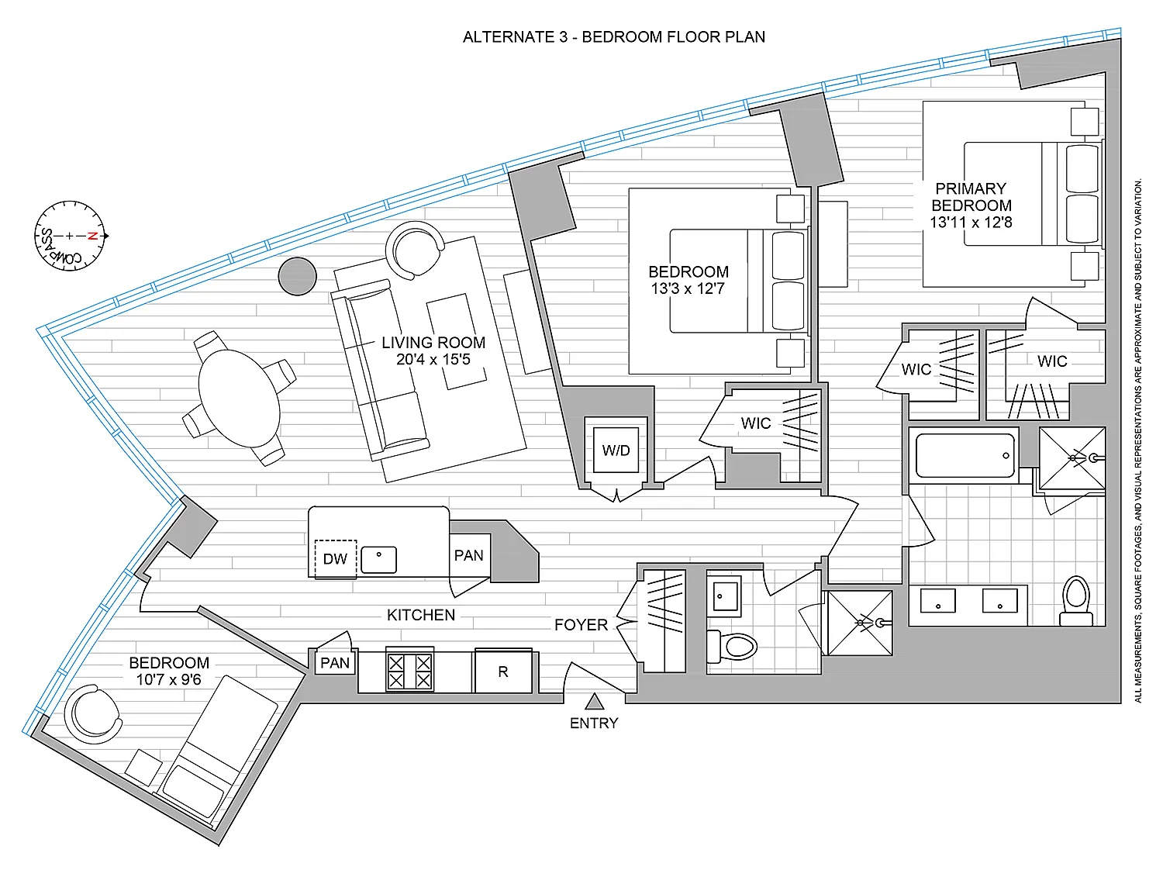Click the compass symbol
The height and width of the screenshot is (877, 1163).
click(x=70, y=236)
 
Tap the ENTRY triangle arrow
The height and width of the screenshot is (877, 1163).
click(x=594, y=702)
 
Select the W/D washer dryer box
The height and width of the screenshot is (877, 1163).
click(x=616, y=450)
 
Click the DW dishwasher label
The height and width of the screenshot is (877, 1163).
click(x=335, y=558)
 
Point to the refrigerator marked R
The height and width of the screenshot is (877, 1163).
click(x=503, y=671)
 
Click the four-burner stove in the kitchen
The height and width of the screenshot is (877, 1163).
click(x=409, y=670)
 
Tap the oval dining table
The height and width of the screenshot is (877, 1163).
click(x=239, y=399)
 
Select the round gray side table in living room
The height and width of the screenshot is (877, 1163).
click(x=297, y=276)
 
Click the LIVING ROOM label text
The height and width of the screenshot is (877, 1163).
click(x=433, y=342)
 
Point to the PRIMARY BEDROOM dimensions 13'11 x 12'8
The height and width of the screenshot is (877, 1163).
click(x=971, y=222)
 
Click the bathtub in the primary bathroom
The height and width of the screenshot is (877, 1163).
click(x=965, y=456)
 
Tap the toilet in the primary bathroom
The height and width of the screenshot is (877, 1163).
click(x=1076, y=601)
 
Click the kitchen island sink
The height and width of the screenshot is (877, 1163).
click(x=379, y=560)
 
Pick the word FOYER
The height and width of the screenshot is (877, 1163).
click(x=581, y=625)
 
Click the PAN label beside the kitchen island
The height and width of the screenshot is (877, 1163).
click(x=469, y=555)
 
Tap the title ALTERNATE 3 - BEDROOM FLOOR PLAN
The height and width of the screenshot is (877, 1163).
click(x=613, y=37)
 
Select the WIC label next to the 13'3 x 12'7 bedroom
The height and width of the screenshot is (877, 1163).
click(x=755, y=423)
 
